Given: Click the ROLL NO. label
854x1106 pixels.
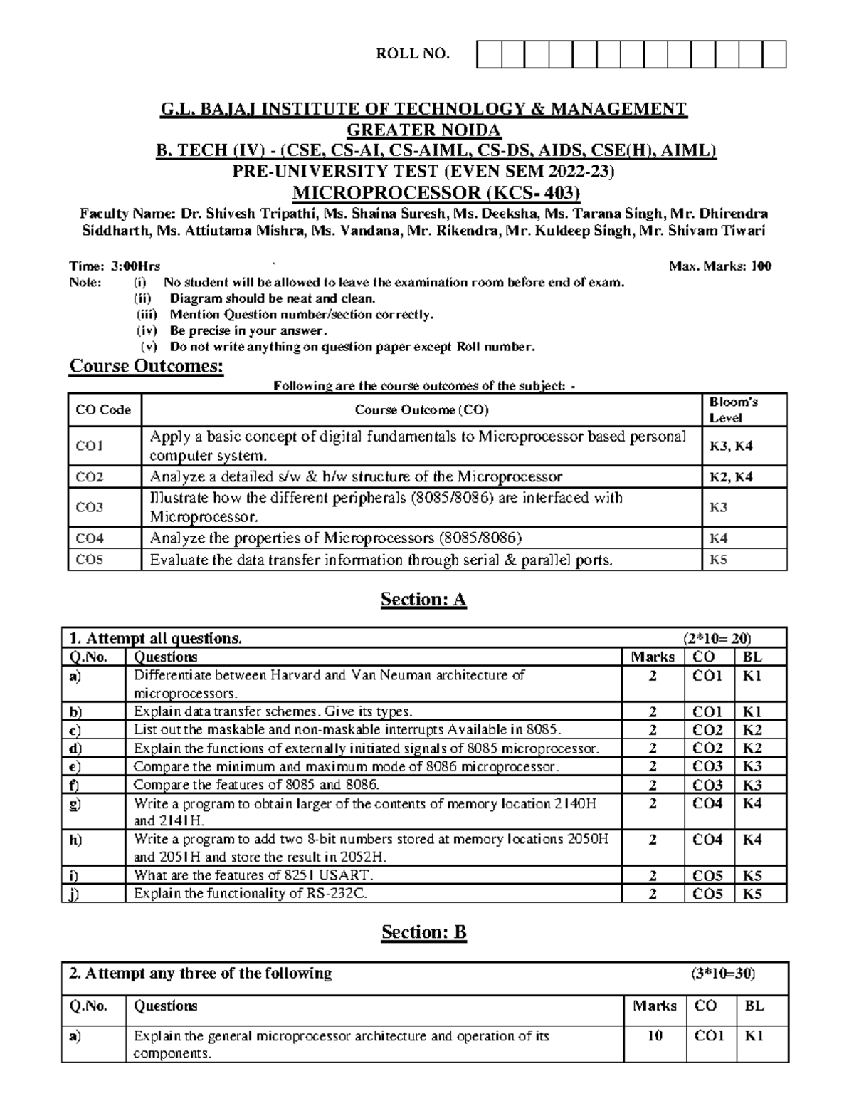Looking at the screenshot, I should click(413, 54).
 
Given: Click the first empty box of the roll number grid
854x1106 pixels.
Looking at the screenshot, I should click(489, 55).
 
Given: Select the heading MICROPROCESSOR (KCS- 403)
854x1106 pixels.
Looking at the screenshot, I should click(437, 192).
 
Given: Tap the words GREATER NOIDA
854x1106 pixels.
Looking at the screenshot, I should click(423, 130).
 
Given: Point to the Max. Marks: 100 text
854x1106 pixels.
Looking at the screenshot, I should click(720, 266).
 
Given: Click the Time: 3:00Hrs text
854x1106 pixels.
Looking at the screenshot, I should click(115, 266).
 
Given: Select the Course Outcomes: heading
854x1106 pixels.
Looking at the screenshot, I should click(146, 367).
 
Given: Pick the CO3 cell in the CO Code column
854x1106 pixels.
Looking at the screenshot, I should click(90, 507).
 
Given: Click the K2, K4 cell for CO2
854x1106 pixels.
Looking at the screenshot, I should click(731, 476).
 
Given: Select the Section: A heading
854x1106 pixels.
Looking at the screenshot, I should click(423, 600).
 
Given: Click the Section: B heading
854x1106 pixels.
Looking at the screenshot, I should click(423, 932).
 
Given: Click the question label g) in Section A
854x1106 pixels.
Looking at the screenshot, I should click(75, 804).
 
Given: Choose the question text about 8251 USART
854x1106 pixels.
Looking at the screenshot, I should click(253, 875).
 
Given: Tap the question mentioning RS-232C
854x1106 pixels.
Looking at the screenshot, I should click(251, 894).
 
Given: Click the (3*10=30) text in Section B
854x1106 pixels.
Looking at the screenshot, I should click(723, 974).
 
